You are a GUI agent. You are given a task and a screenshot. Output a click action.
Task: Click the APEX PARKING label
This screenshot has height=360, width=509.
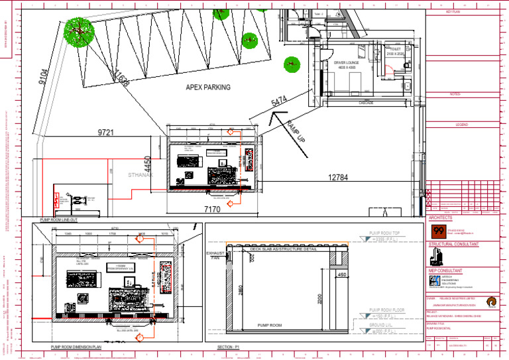tap(208, 87)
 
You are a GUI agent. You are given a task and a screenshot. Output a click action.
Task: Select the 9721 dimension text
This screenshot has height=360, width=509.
tap(106, 133)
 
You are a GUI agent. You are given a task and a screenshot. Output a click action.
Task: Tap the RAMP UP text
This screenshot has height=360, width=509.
tap(296, 133)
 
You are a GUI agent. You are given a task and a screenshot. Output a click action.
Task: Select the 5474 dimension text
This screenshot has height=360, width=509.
tap(279, 101)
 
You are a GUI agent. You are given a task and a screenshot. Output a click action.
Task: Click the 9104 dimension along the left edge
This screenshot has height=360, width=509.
tap(43, 78)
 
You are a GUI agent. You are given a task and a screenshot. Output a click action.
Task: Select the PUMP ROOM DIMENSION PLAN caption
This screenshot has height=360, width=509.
tap(76, 347)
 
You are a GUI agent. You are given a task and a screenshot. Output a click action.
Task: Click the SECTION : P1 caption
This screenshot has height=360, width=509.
tap(233, 347)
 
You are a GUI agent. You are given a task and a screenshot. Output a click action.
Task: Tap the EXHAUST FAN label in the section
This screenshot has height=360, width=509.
tap(215, 256)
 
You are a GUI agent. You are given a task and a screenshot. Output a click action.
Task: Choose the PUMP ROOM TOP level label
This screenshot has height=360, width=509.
tap(385, 233)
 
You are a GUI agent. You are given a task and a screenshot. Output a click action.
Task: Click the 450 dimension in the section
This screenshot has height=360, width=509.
tap(342, 274)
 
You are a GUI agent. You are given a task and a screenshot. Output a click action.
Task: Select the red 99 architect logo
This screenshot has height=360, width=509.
tap(438, 231)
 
